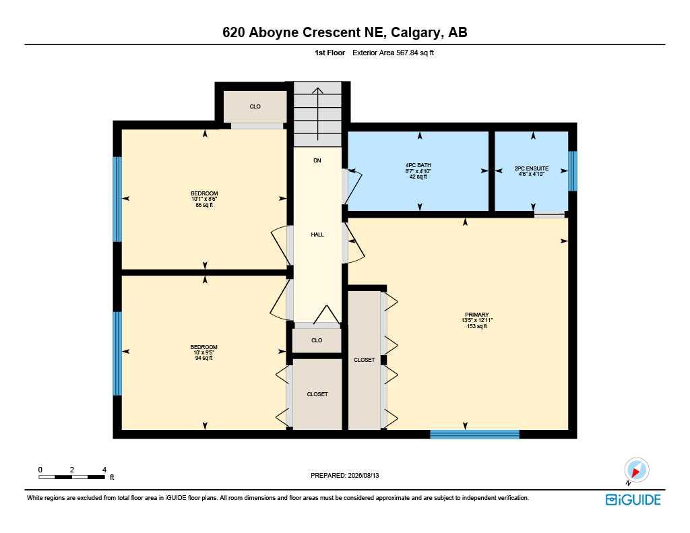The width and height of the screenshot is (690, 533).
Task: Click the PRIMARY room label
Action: (476, 321)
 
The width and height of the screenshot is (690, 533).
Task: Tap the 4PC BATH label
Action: (418, 170)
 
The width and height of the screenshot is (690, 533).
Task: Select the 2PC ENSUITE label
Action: (532, 170)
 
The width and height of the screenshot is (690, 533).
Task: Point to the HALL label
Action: (317, 234)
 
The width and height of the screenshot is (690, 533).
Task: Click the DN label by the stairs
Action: (317, 160)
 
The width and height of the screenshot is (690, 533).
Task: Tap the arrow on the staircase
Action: (317, 114)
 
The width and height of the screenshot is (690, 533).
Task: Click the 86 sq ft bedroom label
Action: (204, 199)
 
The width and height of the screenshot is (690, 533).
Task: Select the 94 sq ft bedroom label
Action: (204, 352)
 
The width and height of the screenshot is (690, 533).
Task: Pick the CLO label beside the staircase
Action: (255, 106)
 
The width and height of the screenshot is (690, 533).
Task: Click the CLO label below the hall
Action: (317, 340)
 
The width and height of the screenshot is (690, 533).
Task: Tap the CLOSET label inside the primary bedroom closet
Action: (365, 360)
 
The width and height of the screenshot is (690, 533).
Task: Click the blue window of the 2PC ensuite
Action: (573, 171)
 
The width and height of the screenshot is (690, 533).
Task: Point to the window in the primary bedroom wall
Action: (475, 435)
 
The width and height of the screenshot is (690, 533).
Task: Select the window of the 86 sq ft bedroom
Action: (117, 199)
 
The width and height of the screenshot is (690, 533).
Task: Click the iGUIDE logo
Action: (633, 499)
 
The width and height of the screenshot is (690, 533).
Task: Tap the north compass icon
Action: (636, 470)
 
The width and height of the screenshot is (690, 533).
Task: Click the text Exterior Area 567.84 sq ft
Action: (394, 53)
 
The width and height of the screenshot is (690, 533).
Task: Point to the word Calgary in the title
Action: (416, 32)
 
